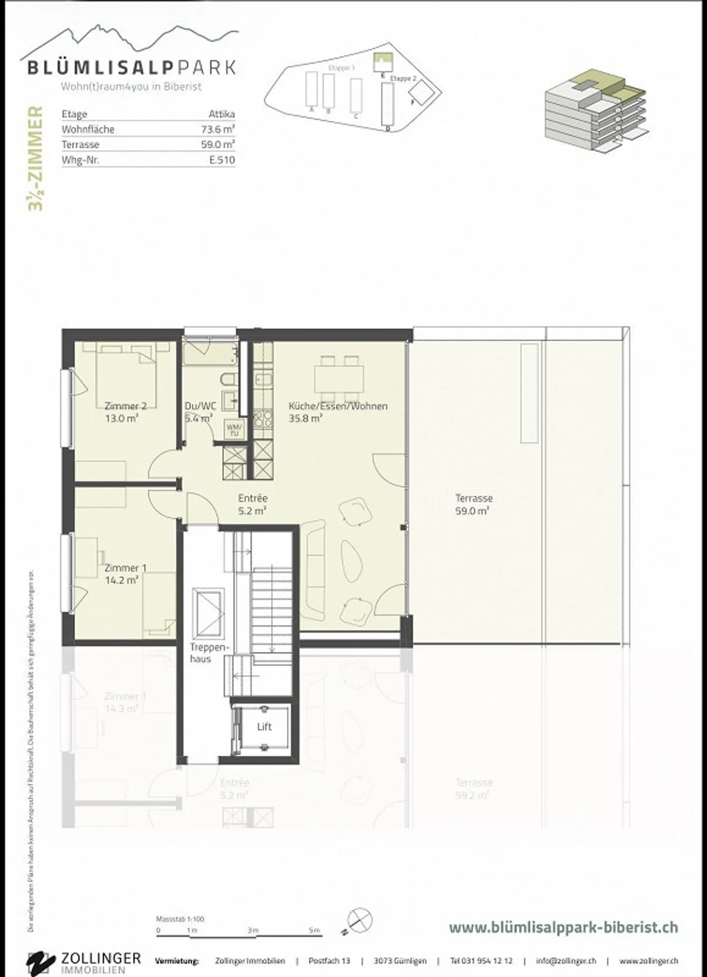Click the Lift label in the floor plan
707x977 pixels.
264,727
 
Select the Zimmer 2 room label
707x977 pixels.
125,406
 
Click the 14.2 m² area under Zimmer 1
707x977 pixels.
121,580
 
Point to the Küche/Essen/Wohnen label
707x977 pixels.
338,406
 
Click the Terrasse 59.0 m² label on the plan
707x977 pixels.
473,504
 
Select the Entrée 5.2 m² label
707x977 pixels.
252,504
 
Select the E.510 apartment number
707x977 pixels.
222,160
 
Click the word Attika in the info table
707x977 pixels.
222,114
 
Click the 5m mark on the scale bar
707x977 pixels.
314,930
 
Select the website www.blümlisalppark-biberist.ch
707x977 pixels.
563,927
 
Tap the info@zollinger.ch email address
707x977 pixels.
566,961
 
